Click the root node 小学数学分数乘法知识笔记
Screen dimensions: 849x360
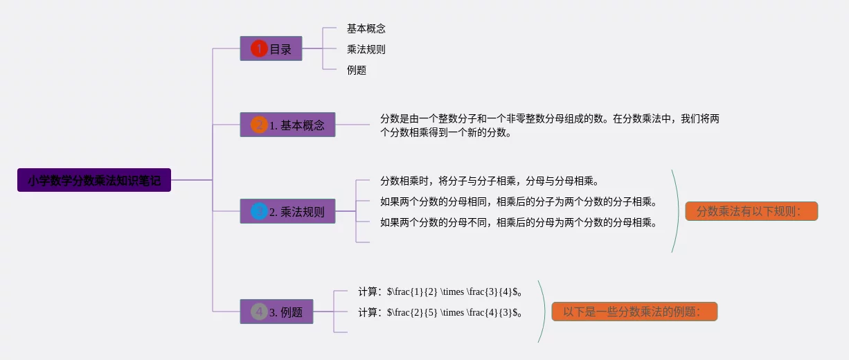tap(94, 180)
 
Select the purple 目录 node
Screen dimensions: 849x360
tap(271, 48)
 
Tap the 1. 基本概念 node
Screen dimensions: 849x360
tap(287, 125)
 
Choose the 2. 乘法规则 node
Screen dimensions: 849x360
tap(287, 211)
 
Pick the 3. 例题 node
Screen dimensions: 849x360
tap(276, 312)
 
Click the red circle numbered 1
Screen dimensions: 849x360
tap(259, 48)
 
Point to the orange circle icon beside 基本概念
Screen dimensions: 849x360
tap(259, 125)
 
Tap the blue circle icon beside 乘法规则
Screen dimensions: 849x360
tap(259, 211)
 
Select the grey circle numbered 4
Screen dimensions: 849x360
tap(259, 312)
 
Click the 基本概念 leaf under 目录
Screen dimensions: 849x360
tap(366, 28)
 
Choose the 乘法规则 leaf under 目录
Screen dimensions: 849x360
tap(366, 49)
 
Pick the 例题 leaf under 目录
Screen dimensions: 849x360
tap(357, 70)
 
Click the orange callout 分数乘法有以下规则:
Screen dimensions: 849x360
tap(751, 211)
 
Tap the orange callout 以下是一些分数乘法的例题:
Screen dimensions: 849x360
tap(634, 312)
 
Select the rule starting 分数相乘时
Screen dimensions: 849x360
tap(489, 181)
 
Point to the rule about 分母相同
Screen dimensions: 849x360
tap(518, 201)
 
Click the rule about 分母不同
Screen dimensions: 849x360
tap(518, 222)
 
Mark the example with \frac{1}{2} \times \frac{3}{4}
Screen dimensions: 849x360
tap(440, 291)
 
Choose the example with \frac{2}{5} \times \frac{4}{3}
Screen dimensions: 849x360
tap(440, 312)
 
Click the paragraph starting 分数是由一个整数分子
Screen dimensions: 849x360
tap(549, 125)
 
